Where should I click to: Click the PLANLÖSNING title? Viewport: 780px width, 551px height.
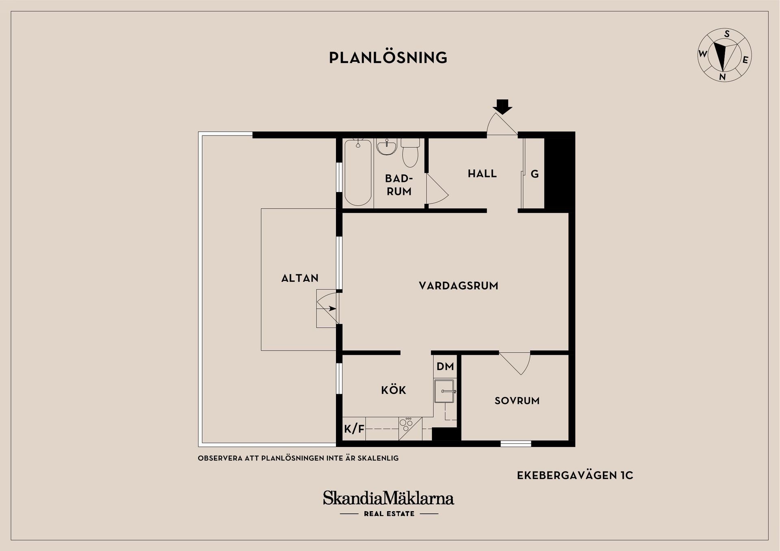[388, 57]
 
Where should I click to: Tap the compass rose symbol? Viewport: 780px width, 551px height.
[724, 55]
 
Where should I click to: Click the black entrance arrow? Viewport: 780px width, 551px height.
[503, 106]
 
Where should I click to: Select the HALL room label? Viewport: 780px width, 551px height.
[482, 174]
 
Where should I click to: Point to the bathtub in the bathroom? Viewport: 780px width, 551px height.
[358, 173]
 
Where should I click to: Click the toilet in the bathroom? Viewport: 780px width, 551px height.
[410, 153]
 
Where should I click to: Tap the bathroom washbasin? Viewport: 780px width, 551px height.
[386, 147]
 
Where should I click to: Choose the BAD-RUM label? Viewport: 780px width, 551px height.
[399, 185]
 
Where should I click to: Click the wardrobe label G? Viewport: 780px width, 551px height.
[535, 174]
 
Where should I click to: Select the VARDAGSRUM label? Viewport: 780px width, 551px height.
[459, 286]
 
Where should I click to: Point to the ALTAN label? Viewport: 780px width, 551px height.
[300, 278]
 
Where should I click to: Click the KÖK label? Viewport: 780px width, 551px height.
[394, 390]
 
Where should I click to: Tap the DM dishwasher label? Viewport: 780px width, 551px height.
[445, 367]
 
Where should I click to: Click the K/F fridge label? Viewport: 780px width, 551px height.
[354, 429]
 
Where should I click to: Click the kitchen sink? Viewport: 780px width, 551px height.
[445, 391]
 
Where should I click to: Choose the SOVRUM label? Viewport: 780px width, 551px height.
[517, 401]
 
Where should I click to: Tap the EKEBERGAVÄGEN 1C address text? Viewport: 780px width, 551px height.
[575, 475]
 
